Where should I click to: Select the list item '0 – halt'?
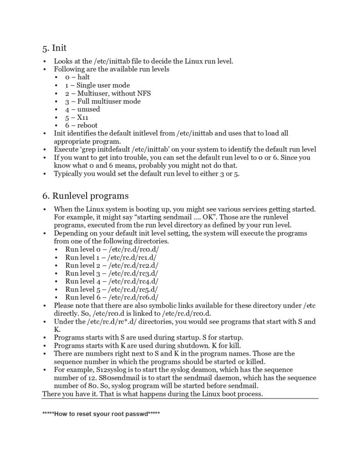coord(77,77)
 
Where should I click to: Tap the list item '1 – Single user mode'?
coord(97,85)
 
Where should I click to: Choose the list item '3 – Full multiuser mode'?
coord(102,101)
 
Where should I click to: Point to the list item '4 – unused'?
coord(82,109)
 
